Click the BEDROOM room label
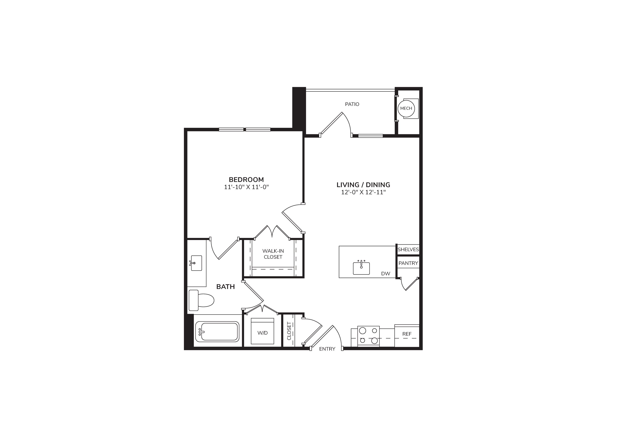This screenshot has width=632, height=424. coord(246,180)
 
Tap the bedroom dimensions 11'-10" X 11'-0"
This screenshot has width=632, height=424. coord(246,187)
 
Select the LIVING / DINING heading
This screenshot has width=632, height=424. coord(363,185)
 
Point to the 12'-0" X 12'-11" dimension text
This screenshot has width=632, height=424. coord(363,192)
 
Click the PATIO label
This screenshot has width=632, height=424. coord(352,104)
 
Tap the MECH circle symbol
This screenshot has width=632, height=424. coord(406,108)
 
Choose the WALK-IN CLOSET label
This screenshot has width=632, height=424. coord(273,254)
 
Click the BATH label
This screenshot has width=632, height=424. coord(225,287)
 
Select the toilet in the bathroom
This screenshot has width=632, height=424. coord(201,300)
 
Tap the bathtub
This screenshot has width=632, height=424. coord(217,332)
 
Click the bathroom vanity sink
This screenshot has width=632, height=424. coord(196,263)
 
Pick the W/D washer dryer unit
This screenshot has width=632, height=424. coord(262,331)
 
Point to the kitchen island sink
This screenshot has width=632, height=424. coord(361,268)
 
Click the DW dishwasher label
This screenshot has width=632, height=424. coord(386,274)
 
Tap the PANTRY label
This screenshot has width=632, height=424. coord(408,263)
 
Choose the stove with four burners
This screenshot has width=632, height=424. coord(368,336)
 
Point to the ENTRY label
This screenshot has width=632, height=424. coord(327,349)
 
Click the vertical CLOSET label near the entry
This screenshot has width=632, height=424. coord(289,331)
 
